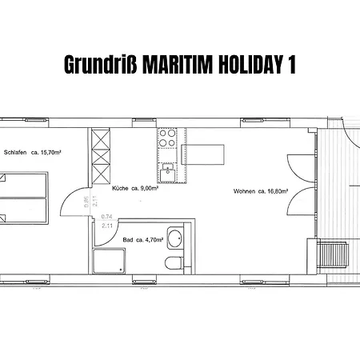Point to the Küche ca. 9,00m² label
coord(134,188)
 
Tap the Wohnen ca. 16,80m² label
coord(261,191)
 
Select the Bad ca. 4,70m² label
coord(140,239)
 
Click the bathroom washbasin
coord(177,238)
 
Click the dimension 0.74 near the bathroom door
coord(106,217)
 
